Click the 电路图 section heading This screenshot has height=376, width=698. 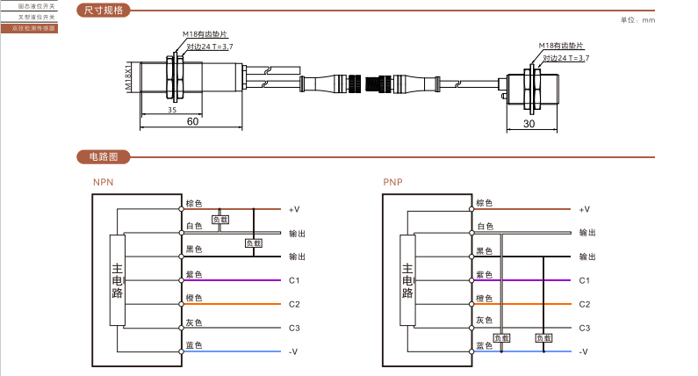click(104, 157)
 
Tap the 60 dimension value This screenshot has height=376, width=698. click(192, 122)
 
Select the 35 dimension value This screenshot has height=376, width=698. click(172, 111)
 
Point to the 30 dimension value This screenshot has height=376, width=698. click(529, 124)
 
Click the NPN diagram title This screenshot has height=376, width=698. click(104, 183)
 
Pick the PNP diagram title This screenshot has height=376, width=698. click(392, 183)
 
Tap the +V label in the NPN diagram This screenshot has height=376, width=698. click(294, 209)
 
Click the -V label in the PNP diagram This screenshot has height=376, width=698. click(584, 351)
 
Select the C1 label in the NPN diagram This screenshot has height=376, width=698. click(294, 280)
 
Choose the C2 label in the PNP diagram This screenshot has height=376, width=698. click(584, 304)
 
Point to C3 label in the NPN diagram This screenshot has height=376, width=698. click(294, 328)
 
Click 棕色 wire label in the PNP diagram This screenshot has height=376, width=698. click(484, 203)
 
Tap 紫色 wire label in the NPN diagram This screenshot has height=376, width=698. click(194, 274)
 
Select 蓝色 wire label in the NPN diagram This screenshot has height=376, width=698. click(194, 345)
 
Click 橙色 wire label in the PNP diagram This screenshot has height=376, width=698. click(484, 298)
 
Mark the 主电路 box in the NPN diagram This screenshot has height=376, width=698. click(117, 280)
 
